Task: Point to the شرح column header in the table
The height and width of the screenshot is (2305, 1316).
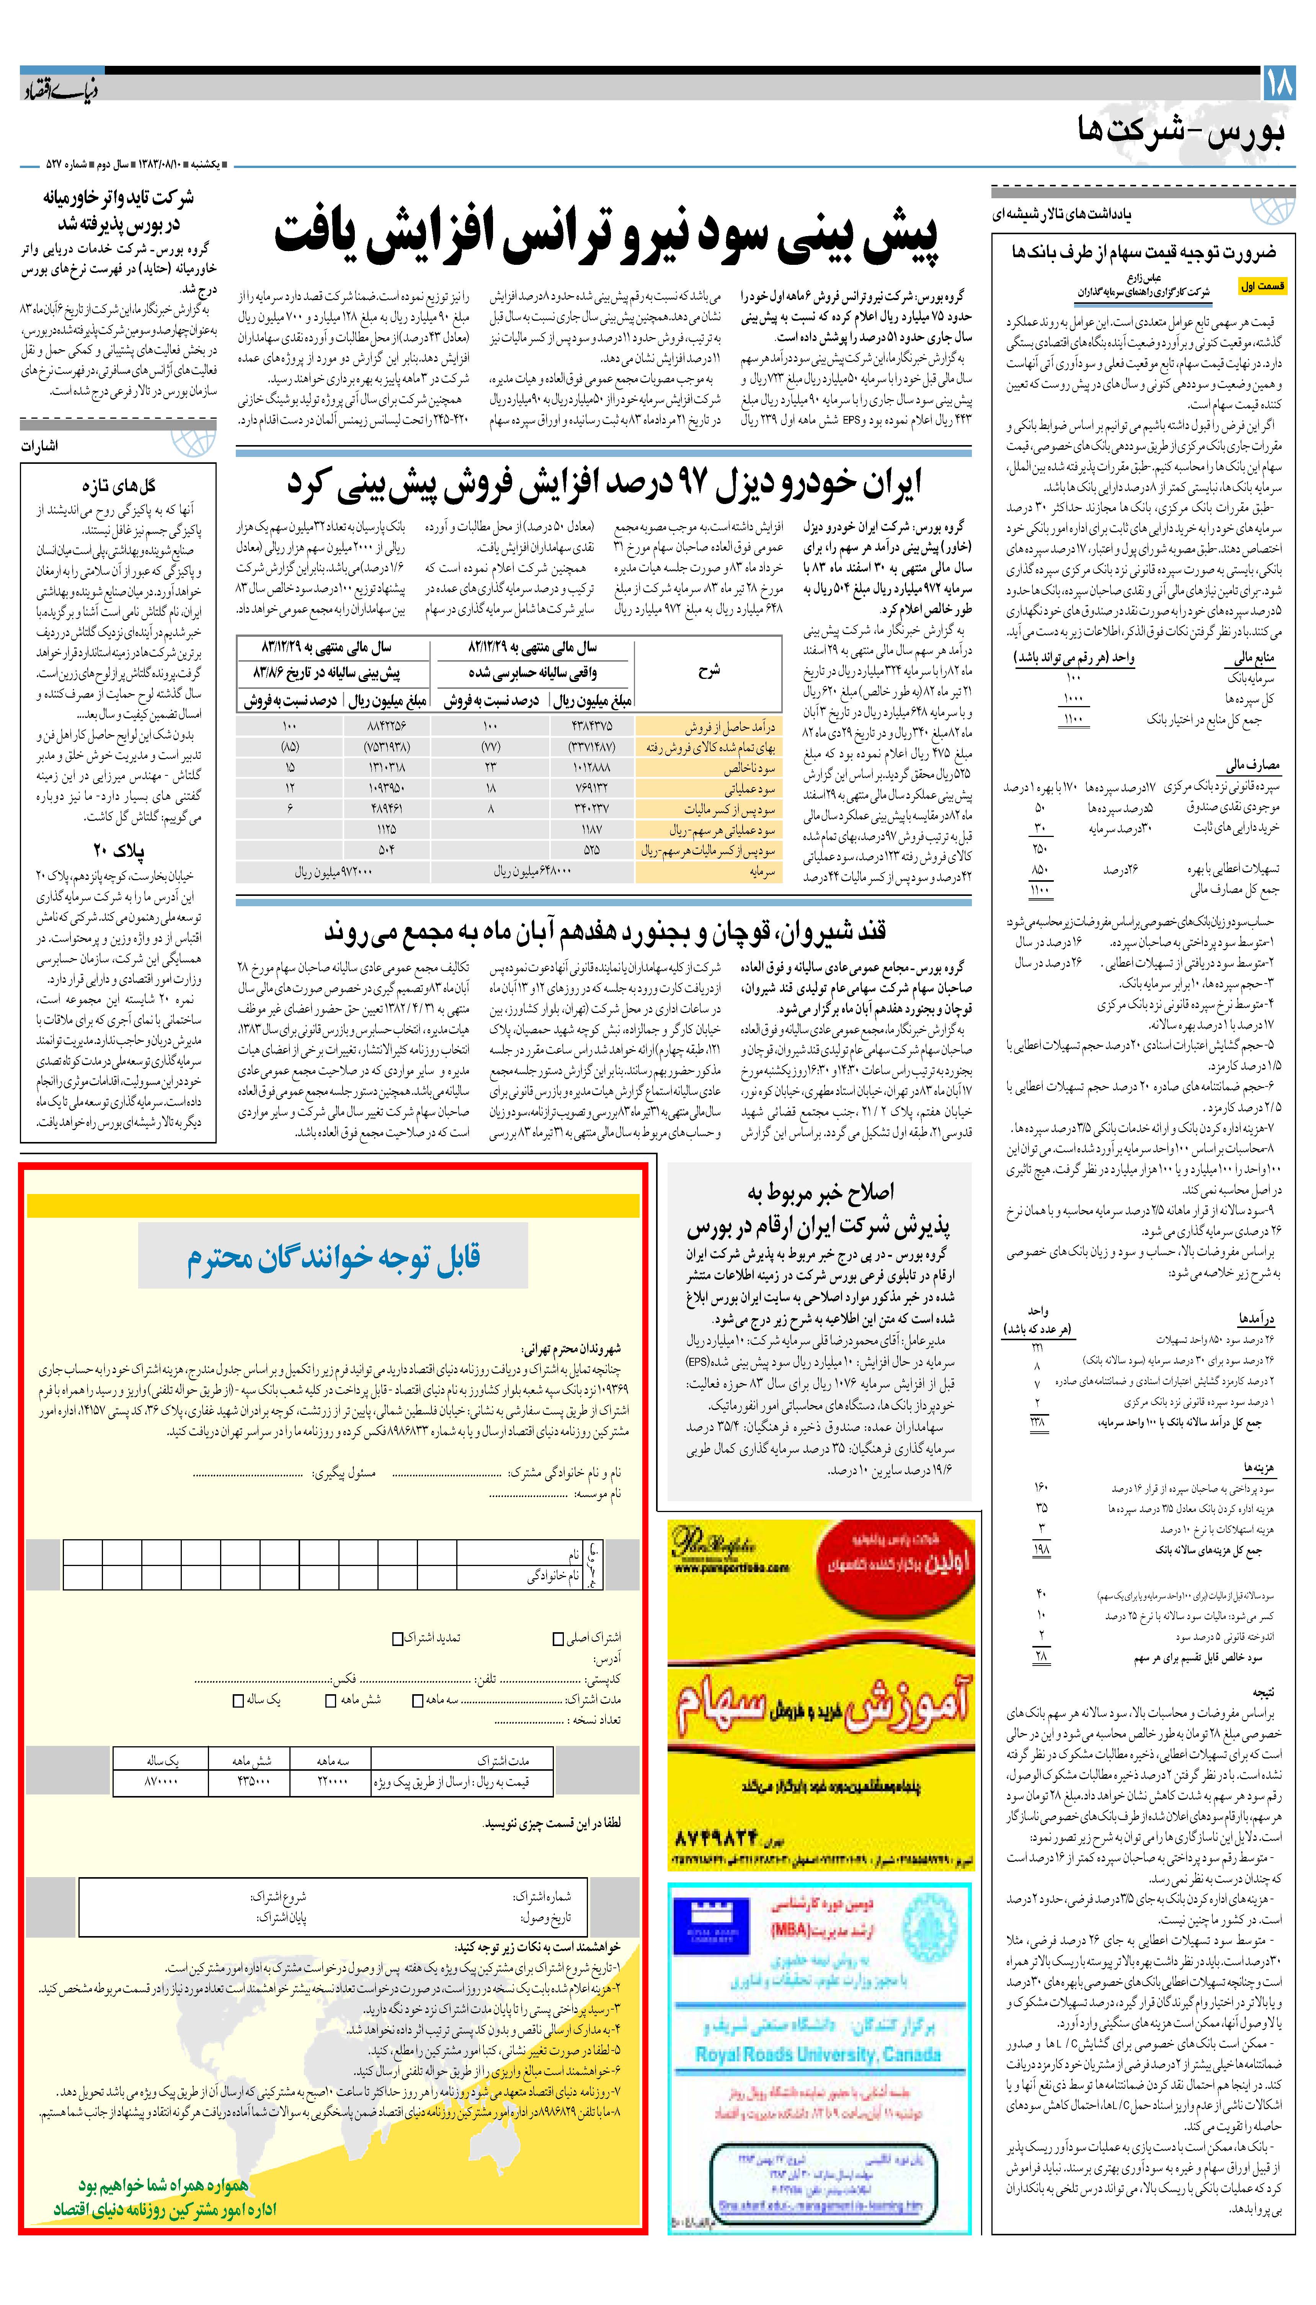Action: coord(709,670)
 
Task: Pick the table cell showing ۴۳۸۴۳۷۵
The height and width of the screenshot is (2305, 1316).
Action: coord(591,726)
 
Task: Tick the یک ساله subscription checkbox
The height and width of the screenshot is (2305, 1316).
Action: coord(238,1699)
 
